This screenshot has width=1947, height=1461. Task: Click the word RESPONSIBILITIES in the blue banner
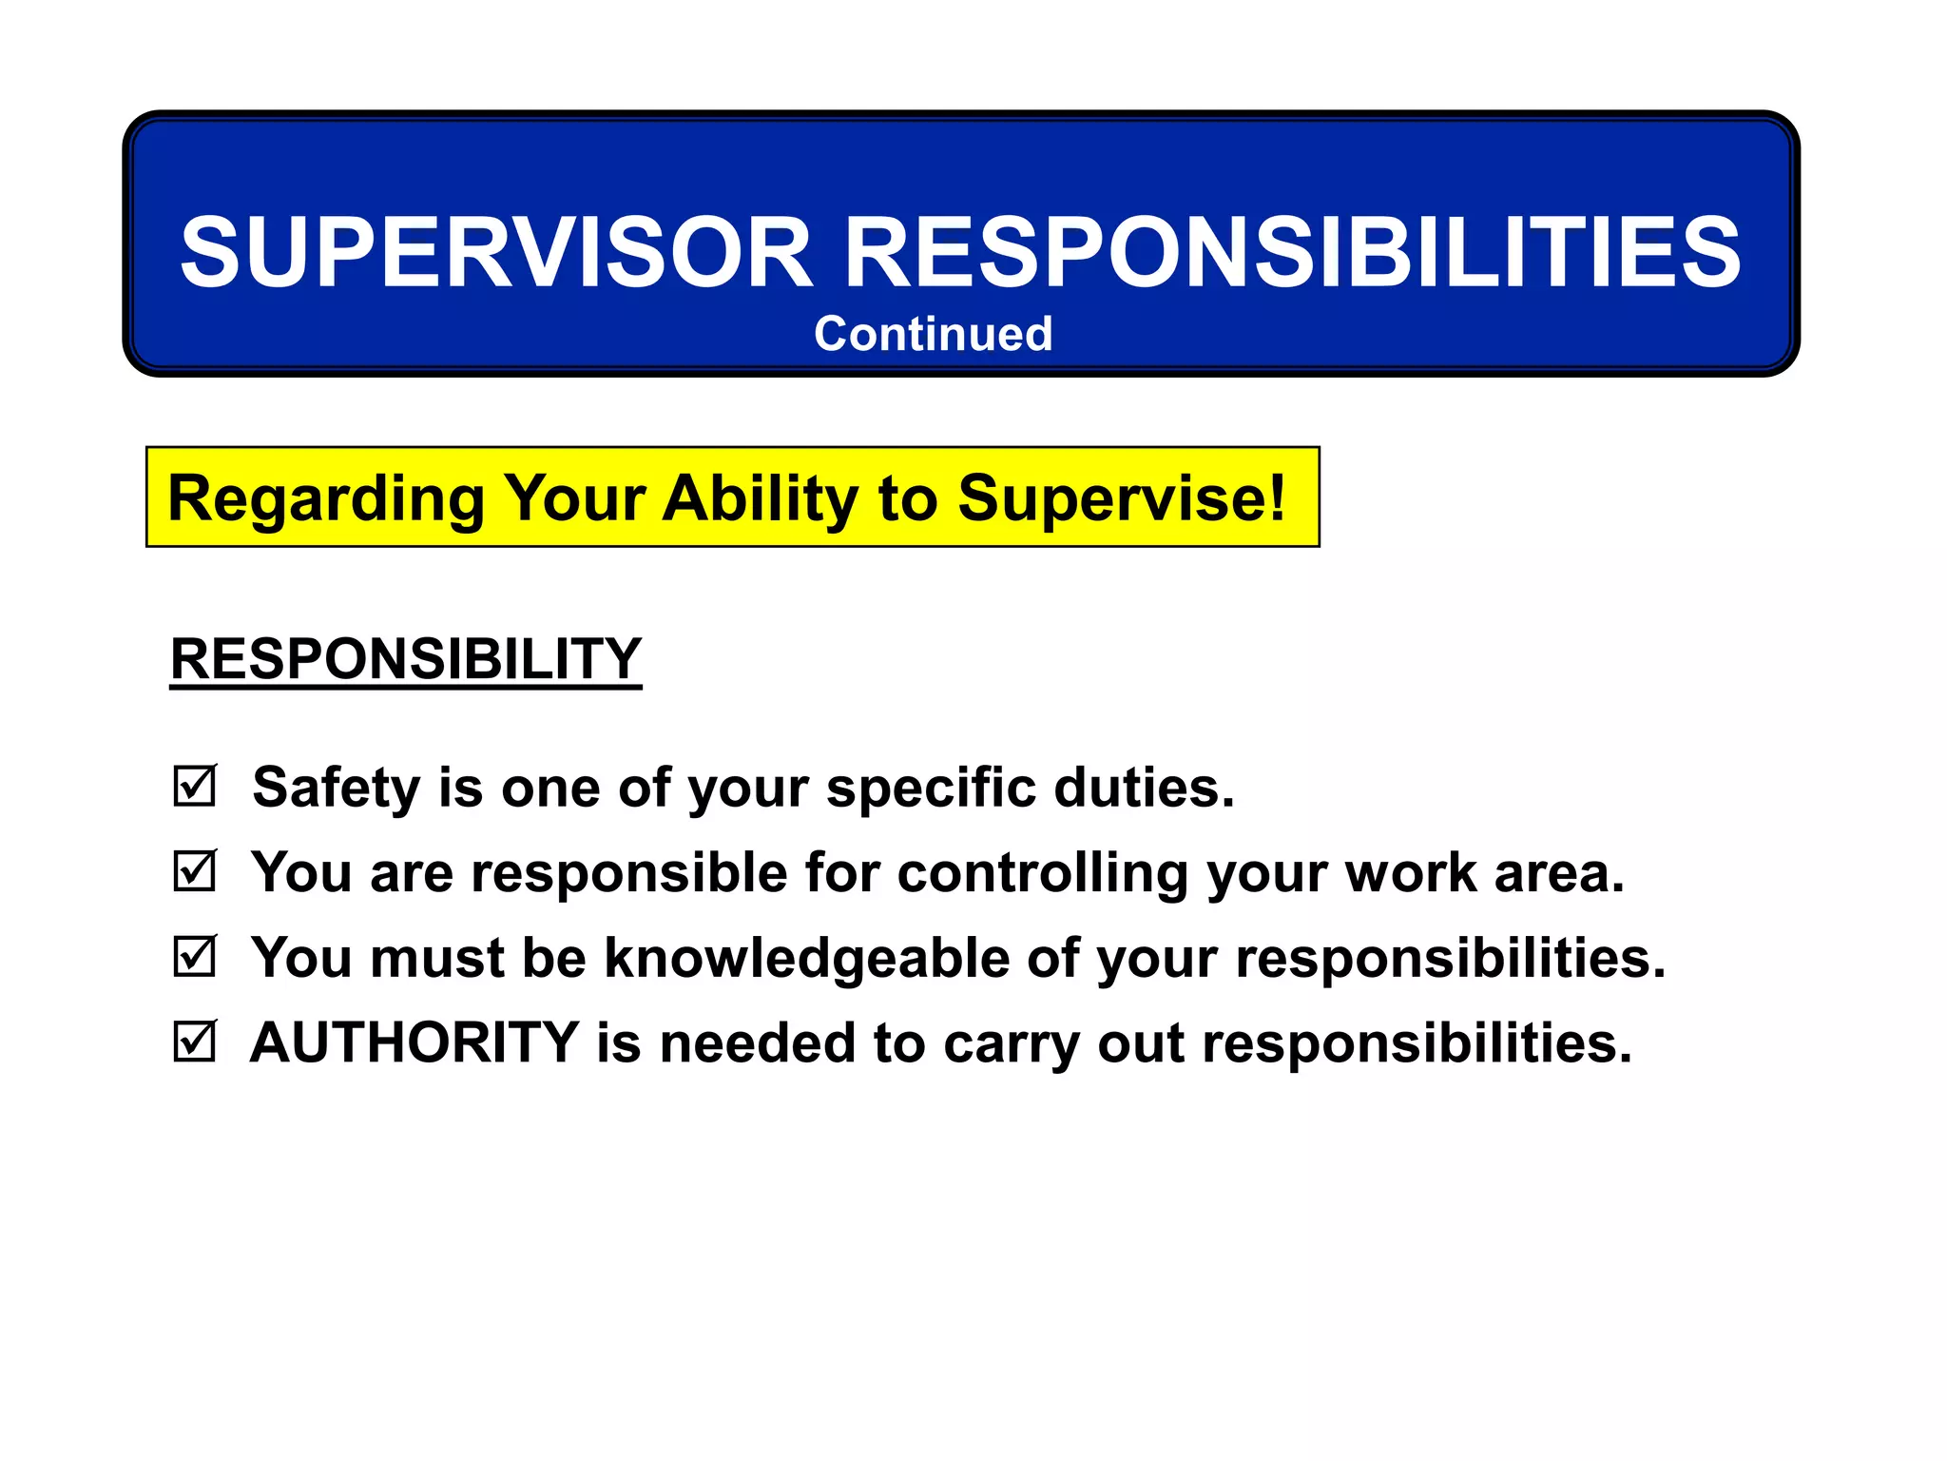pos(1293,252)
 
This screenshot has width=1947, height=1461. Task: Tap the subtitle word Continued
pos(933,334)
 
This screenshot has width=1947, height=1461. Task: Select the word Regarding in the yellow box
pos(325,498)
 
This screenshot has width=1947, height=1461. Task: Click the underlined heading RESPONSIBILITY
pos(406,658)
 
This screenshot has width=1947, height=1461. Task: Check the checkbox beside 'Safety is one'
pos(195,787)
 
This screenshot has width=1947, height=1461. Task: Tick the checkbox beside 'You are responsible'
pos(195,871)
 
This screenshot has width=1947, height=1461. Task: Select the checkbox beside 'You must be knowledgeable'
pos(195,956)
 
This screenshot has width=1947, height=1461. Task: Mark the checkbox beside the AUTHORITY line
pos(195,1042)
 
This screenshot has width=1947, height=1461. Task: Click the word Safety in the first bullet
pos(336,788)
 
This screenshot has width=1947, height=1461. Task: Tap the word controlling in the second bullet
pos(1042,872)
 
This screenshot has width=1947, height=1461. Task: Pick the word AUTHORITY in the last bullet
pos(414,1042)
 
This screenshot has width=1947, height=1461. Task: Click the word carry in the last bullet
pos(1012,1044)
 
